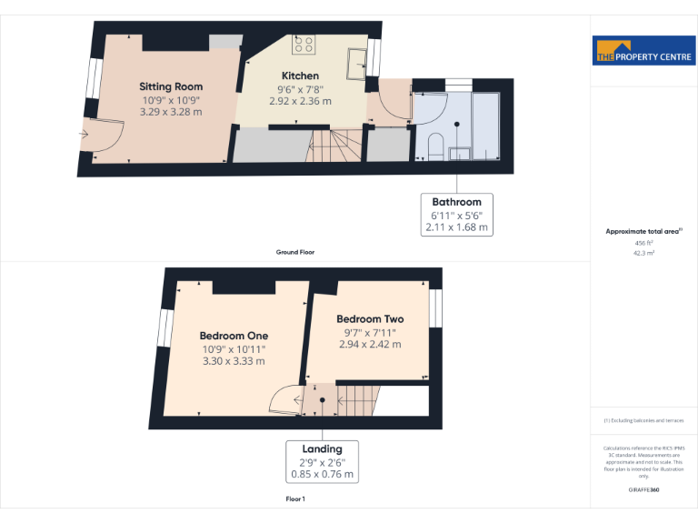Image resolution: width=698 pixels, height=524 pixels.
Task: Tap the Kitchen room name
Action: pos(300,76)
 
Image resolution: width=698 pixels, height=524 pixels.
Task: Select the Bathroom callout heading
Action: pos(456,201)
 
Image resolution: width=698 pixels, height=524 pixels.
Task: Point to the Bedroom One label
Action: pos(234,336)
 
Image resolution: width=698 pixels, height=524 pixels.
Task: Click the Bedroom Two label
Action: pos(370,319)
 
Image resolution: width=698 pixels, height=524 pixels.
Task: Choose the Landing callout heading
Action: pos(322,448)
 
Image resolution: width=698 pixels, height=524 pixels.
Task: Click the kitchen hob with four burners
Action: pos(304,45)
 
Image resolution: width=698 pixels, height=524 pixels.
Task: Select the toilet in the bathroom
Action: pos(434,146)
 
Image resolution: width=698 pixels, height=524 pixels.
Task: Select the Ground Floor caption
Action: pos(295,251)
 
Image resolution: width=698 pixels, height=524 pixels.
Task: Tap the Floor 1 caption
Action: pos(295,499)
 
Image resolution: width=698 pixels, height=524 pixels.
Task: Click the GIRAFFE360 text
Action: pos(644,490)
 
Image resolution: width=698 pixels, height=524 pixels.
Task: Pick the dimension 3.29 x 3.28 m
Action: pos(171,112)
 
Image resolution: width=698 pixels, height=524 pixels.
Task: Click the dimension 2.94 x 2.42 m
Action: pos(370,345)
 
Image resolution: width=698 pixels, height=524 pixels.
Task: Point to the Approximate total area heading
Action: pos(643,232)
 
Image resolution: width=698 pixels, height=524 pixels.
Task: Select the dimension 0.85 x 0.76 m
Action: pos(322,474)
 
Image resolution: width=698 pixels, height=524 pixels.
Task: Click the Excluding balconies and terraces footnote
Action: pos(643,420)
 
